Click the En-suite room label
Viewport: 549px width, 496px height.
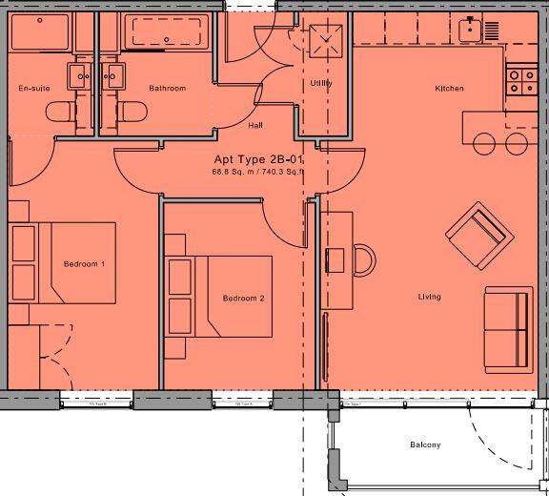33,89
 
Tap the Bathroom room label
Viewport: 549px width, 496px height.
167,89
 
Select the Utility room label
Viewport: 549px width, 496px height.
320,84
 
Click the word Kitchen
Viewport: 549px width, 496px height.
449,89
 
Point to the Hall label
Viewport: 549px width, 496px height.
255,125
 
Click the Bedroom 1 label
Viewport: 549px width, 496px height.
84,263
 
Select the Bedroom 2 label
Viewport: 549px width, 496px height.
243,299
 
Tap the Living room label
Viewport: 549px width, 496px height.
429,298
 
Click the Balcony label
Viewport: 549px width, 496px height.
425,445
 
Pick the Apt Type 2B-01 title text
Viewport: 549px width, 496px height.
259,160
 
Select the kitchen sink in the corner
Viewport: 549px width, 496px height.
469,30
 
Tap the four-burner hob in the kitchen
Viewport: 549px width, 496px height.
519,80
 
